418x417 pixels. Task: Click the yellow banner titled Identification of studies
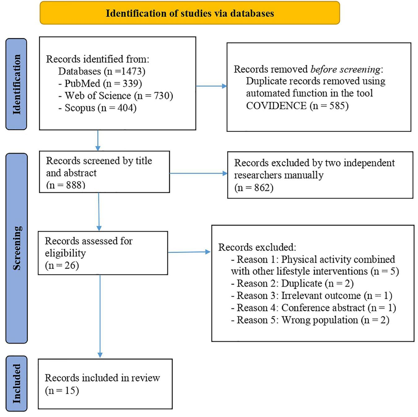189,13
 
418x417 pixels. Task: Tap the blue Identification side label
16,84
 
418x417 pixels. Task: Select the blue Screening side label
17,248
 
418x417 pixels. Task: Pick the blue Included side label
17,383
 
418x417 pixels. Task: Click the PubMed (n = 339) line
100,83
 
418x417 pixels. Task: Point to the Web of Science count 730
163,96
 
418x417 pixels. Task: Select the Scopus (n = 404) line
97,108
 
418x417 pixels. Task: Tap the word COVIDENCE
276,106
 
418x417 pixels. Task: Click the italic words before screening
345,69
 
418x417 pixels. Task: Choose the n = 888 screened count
66,185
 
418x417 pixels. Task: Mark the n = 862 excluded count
254,188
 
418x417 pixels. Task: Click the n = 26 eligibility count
62,265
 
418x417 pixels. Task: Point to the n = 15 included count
62,390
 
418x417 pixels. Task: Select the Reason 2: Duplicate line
292,283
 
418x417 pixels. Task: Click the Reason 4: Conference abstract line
313,308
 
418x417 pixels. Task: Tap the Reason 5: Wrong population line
310,320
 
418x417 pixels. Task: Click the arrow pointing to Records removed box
211,86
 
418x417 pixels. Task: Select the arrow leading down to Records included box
100,316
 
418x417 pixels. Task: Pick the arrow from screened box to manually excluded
198,173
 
